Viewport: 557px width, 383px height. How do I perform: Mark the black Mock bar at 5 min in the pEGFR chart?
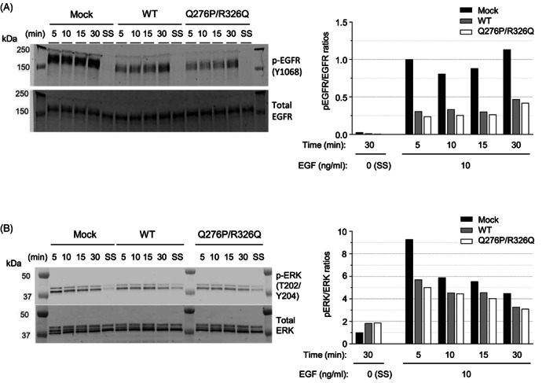point(409,97)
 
